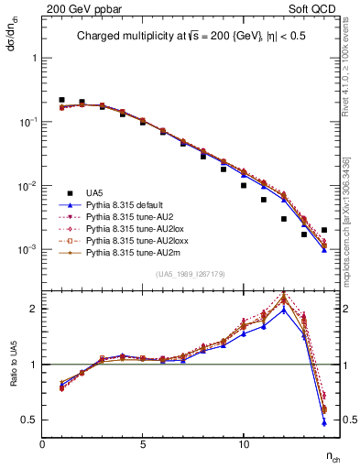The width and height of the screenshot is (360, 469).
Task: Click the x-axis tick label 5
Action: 143,444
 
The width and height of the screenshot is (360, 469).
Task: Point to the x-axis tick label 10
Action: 243,444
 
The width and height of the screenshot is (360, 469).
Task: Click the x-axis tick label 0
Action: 42,444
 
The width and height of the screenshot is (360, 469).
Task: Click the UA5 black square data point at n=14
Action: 323,230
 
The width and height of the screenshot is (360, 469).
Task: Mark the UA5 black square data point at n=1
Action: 62,100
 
